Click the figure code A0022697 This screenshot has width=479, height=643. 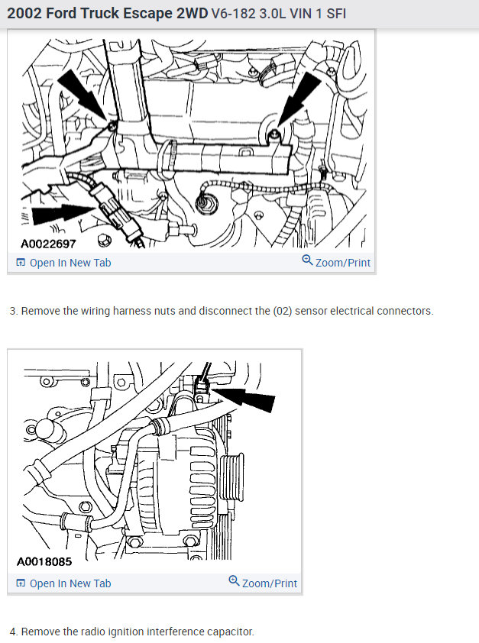tap(48, 244)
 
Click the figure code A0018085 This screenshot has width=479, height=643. tap(44, 561)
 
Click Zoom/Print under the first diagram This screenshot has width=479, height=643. tap(343, 263)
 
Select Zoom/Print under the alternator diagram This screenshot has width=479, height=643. tap(270, 583)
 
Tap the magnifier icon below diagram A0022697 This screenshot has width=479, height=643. tap(307, 260)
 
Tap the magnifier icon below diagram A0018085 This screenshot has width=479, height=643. tap(234, 580)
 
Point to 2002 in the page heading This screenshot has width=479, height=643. tap(24, 14)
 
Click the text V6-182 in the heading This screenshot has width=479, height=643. tap(234, 14)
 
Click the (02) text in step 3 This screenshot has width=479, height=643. tap(283, 312)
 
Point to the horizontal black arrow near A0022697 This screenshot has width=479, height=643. tap(63, 214)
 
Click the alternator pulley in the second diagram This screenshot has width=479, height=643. tap(232, 477)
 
